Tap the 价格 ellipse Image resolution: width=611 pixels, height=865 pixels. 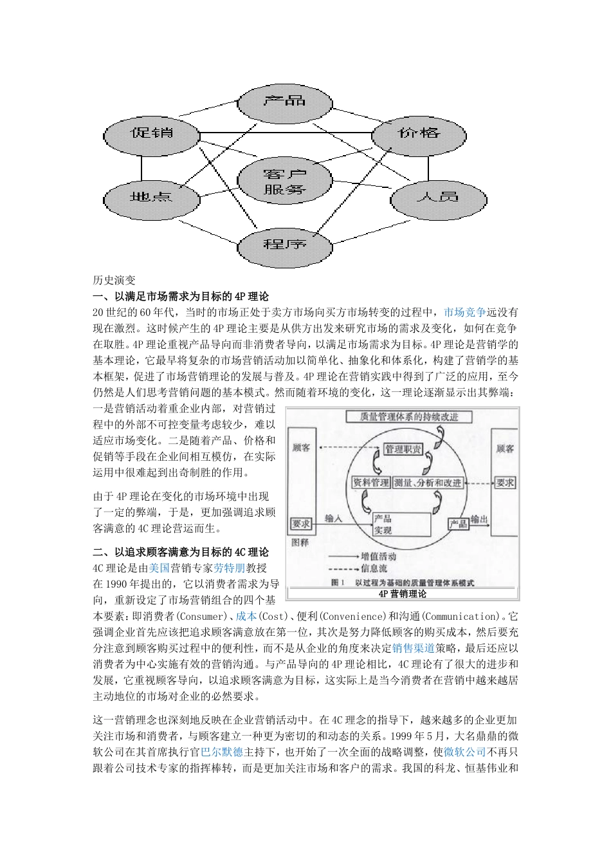tap(419, 133)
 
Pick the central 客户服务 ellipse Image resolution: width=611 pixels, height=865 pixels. tap(285, 181)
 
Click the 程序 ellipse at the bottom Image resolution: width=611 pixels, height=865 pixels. tap(285, 244)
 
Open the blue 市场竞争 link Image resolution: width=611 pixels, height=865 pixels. tap(465, 313)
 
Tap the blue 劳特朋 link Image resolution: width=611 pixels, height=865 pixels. tap(230, 568)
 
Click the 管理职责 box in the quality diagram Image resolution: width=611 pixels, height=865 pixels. tap(403, 449)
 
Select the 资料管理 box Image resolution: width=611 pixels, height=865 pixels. tap(371, 482)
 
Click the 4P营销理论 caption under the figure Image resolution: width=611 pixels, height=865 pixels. tap(403, 593)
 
